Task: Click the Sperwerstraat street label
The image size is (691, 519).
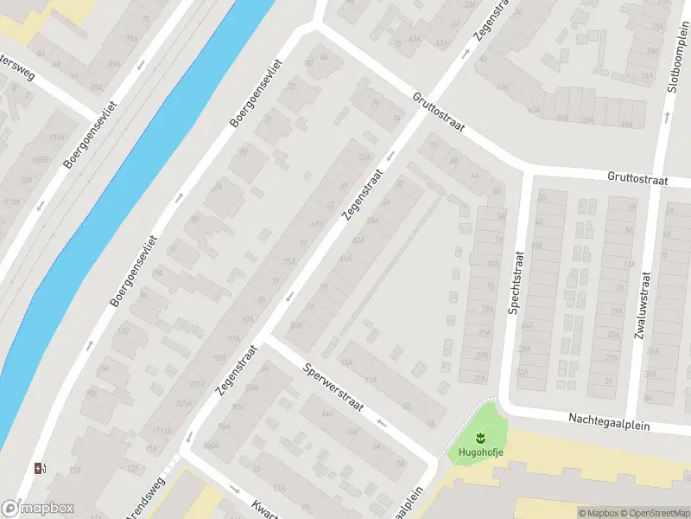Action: coord(333,386)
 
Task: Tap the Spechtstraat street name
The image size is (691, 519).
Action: coord(517,283)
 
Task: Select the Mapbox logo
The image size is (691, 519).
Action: coord(38,509)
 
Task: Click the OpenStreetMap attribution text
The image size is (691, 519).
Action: coord(655,513)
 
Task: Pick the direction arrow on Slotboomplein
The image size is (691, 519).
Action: coord(667,114)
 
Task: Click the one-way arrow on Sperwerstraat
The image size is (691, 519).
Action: coord(381,422)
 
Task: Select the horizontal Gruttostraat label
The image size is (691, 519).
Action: coord(637,179)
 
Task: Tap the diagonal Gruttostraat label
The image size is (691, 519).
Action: coord(439,112)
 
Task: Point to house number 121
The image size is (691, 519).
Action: coord(133,468)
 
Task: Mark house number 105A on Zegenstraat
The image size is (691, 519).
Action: coord(183,403)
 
